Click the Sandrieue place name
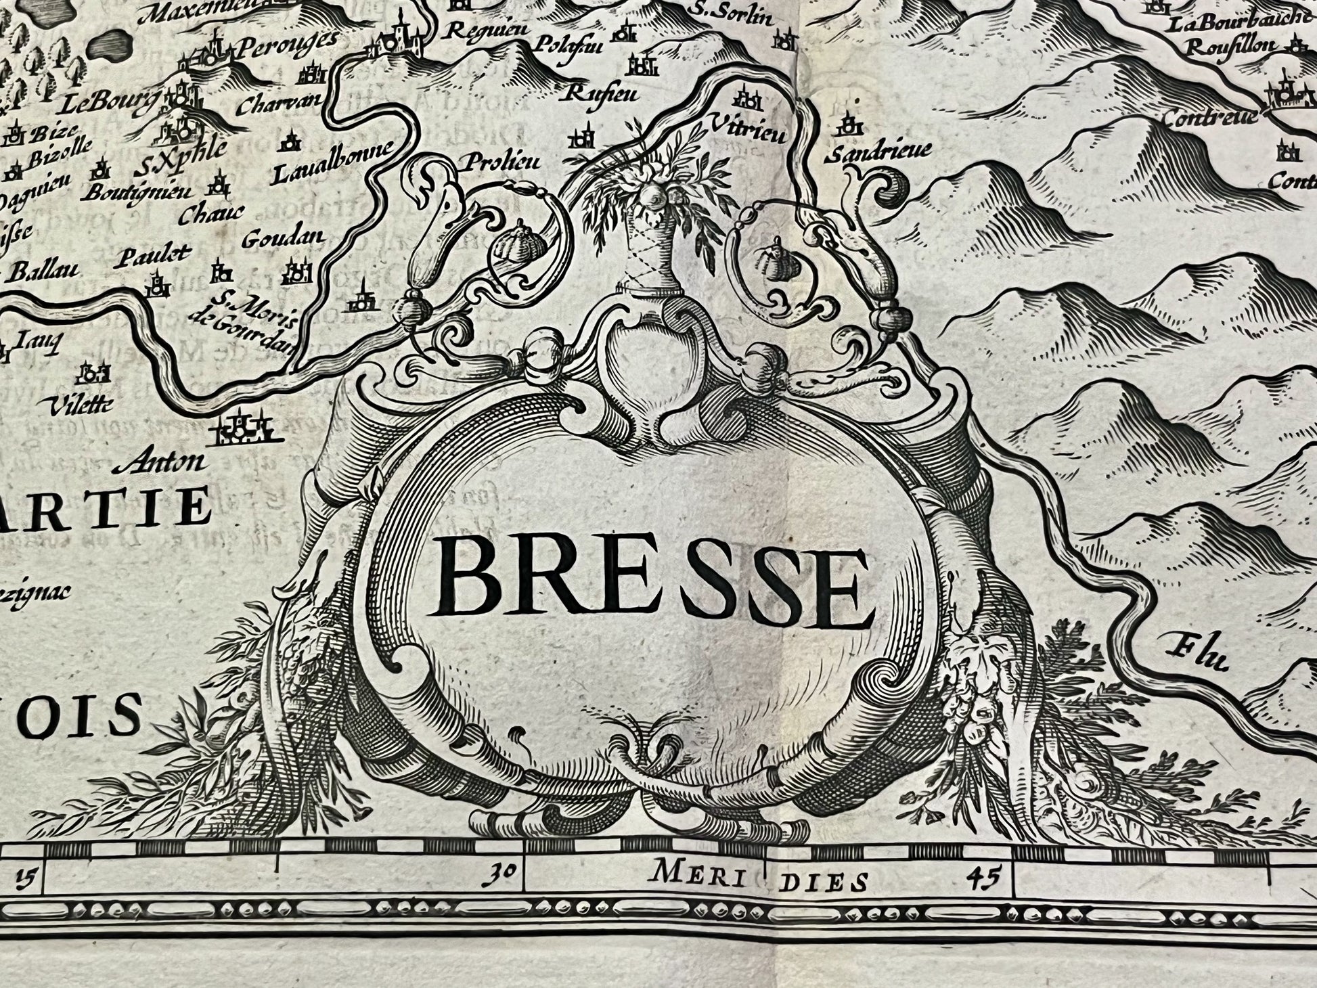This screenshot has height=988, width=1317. [878, 150]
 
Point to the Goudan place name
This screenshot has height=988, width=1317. [283, 238]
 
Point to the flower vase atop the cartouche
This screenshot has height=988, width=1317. [643, 223]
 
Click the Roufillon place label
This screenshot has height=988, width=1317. [1232, 46]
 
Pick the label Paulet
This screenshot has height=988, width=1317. [153, 255]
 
